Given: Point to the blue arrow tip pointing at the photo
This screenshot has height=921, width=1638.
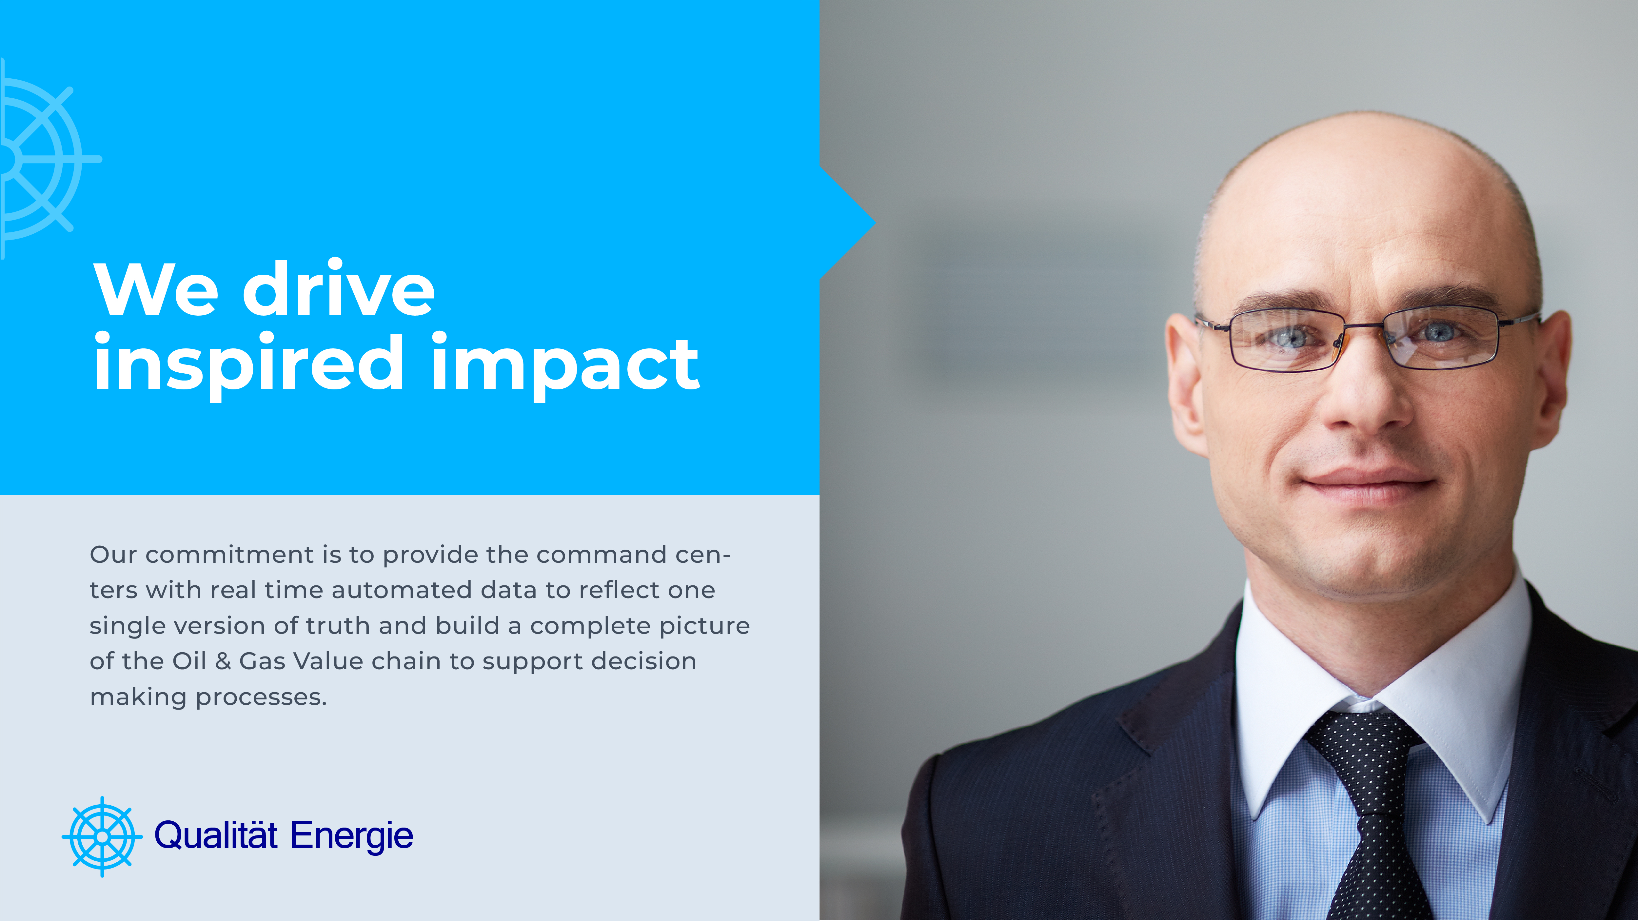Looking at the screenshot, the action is coord(875,223).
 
